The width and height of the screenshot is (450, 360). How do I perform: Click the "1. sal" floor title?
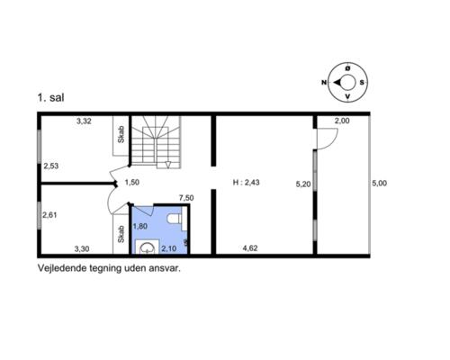click(50, 98)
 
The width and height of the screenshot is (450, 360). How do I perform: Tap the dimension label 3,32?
click(84, 121)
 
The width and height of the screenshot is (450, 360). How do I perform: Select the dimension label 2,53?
click(51, 166)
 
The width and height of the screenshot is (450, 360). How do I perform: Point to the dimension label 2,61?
click(49, 215)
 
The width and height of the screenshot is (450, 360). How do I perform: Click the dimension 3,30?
click(82, 248)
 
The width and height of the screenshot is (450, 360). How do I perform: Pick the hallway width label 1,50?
click(132, 182)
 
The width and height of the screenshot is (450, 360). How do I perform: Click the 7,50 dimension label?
click(186, 198)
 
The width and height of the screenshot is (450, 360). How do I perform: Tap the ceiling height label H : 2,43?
click(246, 182)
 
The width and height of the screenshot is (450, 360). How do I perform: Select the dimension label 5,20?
click(303, 184)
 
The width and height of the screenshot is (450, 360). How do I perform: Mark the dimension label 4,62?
click(250, 248)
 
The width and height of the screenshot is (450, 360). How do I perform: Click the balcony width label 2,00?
click(342, 121)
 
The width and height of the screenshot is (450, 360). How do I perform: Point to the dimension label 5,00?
click(380, 183)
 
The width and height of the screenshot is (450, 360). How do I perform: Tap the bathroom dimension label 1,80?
click(140, 226)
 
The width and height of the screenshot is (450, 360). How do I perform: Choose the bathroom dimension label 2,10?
click(169, 248)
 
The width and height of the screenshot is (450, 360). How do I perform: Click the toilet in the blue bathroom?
click(175, 219)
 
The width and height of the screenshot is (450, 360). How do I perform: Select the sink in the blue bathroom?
click(147, 247)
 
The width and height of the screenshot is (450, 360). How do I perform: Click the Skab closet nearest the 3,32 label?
click(121, 136)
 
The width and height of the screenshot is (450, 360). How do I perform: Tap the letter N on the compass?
click(324, 82)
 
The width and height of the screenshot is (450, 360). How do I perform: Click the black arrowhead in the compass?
click(337, 82)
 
